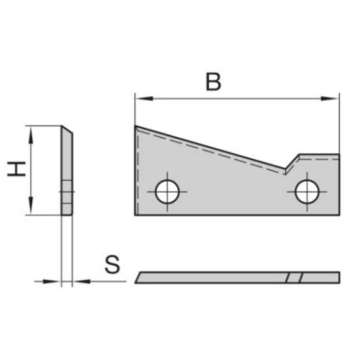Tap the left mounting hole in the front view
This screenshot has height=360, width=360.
coord(167,191)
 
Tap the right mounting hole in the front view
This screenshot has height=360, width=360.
coord(306,191)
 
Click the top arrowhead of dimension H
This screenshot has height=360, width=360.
coord(30,132)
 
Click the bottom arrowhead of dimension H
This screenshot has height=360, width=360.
coord(30,209)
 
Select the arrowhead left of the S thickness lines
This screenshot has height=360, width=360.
coord(55,281)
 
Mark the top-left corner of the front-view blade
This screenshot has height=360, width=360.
coord(136,126)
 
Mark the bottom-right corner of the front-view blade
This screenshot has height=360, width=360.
coord(339,215)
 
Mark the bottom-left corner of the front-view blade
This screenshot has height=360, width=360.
coord(136,215)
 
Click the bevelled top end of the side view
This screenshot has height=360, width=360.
coord(66,129)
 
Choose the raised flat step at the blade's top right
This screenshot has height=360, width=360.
coord(318,156)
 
